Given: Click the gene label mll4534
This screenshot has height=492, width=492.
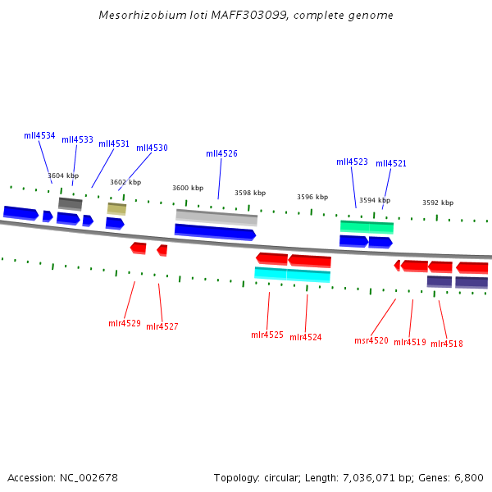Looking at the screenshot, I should (39, 136).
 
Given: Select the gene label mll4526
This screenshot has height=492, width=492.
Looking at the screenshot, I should (221, 153).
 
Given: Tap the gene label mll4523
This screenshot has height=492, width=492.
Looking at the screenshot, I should (352, 162).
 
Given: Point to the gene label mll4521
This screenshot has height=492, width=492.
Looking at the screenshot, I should (391, 164).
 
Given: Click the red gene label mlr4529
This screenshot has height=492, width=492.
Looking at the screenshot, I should (125, 323).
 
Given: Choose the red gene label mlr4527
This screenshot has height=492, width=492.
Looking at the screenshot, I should (162, 326).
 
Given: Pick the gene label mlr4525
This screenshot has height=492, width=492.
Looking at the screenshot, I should (267, 335).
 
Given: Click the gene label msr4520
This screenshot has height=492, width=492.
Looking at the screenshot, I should (371, 340).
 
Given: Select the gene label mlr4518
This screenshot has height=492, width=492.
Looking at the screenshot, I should (447, 344).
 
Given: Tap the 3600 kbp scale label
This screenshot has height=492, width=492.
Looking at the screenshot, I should (188, 188).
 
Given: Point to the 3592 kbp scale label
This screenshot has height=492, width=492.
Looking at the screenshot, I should (438, 203).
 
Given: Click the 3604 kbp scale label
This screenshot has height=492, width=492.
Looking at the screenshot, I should (63, 175).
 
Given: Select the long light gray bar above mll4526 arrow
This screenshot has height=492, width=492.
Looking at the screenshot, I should (216, 216).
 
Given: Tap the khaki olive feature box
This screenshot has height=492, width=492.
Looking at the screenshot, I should (116, 209).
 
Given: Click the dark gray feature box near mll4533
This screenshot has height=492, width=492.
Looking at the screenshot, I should (71, 203).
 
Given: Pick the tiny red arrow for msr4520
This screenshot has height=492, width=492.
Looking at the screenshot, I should (397, 265).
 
